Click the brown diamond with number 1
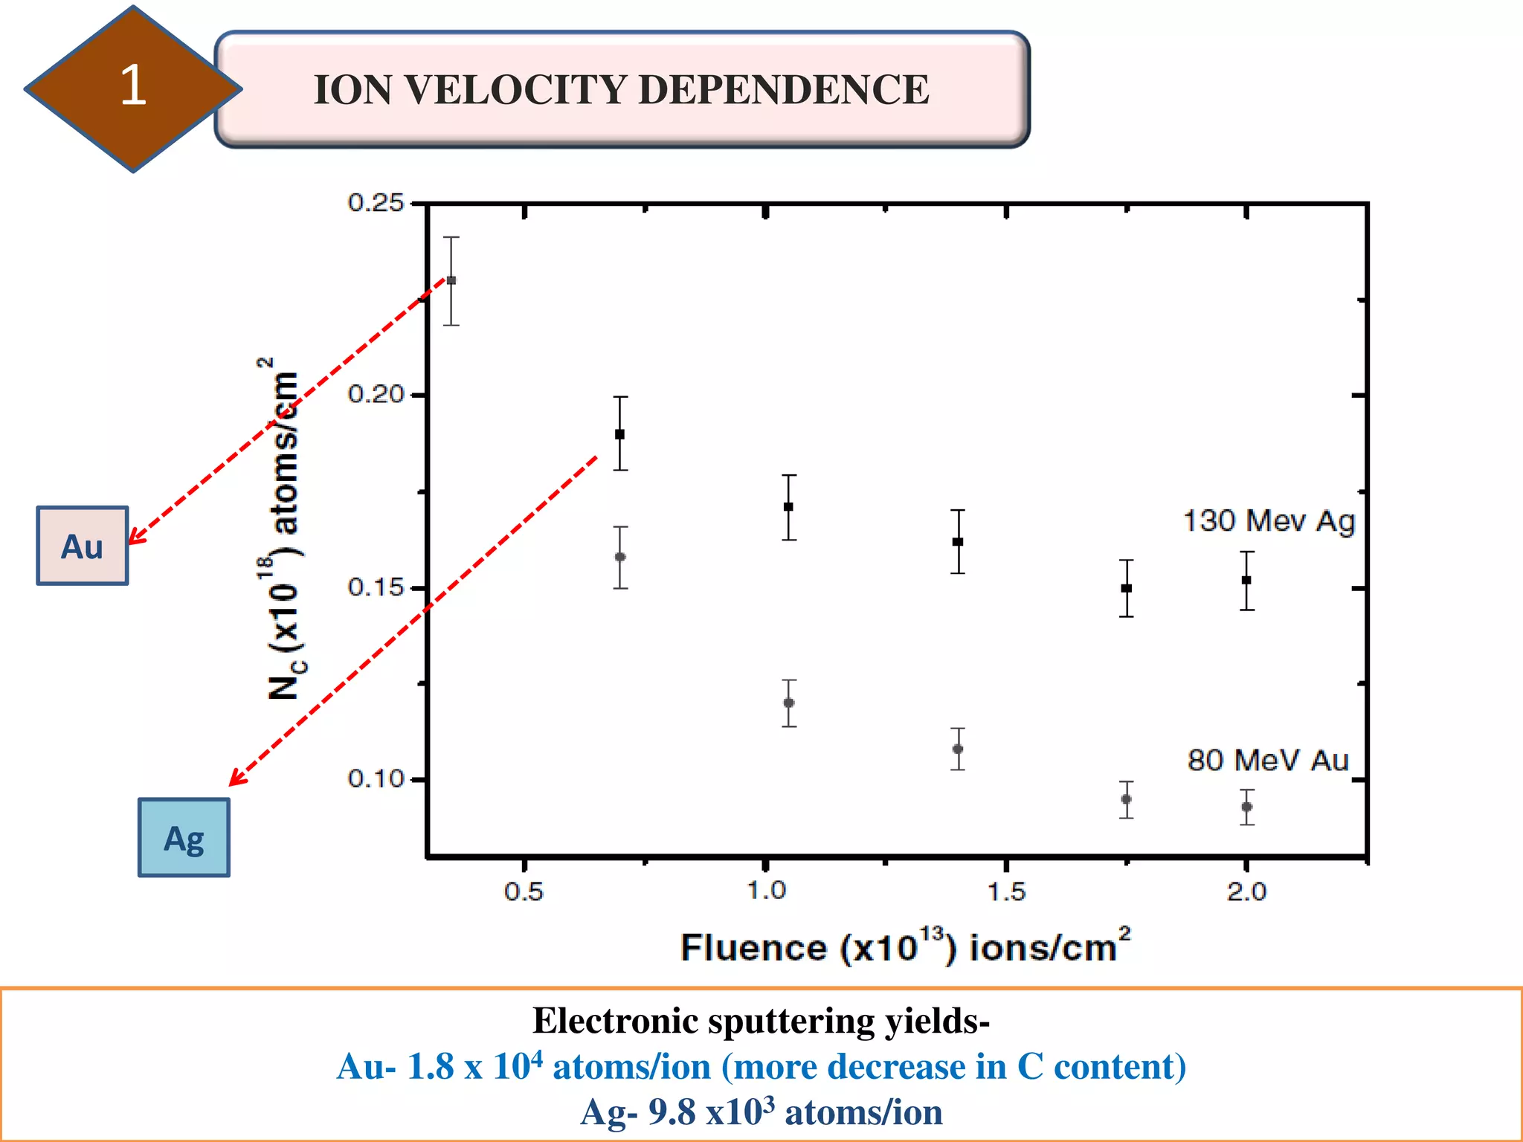coord(132,88)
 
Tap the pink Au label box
coord(82,546)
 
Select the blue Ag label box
coord(184,838)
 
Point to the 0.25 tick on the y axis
coord(376,202)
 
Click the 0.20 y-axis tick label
coord(376,394)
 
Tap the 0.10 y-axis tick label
coord(376,778)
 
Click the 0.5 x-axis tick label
coord(524,891)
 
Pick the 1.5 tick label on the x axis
coord(1006,891)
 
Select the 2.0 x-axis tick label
coord(1246,891)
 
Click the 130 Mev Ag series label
coord(1269,520)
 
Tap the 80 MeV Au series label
coord(1268,761)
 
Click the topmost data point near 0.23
coord(451,280)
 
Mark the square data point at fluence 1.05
coord(788,507)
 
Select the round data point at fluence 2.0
coord(1247,807)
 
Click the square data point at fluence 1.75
coord(1127,588)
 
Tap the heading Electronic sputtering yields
coord(761,1021)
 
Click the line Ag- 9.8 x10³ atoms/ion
coord(761,1113)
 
